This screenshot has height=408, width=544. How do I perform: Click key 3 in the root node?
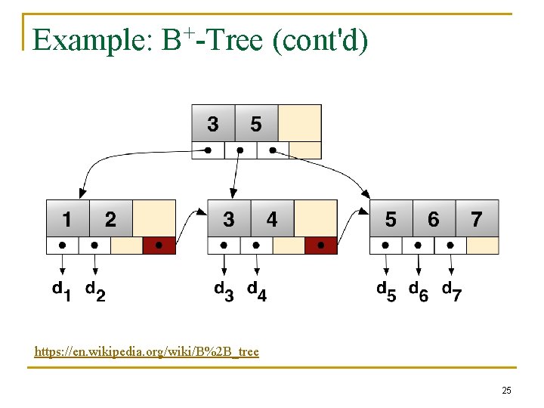tap(213, 123)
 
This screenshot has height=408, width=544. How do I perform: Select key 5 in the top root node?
tap(256, 123)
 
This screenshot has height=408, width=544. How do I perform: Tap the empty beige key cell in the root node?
tap(300, 123)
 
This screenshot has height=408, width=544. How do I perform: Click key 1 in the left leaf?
tap(67, 219)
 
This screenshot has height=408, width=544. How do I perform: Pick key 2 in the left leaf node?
tap(110, 219)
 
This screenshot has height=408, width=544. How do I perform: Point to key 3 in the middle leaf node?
tap(228, 219)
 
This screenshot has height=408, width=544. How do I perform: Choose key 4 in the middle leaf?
tap(271, 219)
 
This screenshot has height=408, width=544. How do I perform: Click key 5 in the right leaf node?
tap(390, 219)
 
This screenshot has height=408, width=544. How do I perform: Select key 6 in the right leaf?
tap(433, 219)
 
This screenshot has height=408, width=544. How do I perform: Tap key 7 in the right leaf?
tap(477, 219)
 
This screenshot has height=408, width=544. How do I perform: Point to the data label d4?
tap(257, 291)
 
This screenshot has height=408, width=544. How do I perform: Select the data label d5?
tap(385, 291)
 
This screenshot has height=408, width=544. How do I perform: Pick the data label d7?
tap(452, 291)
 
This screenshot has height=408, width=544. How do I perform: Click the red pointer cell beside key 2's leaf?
tap(159, 246)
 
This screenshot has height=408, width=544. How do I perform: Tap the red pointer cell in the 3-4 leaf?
tap(321, 246)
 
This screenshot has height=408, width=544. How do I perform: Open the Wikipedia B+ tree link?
tap(147, 351)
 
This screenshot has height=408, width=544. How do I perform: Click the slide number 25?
tap(506, 391)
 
